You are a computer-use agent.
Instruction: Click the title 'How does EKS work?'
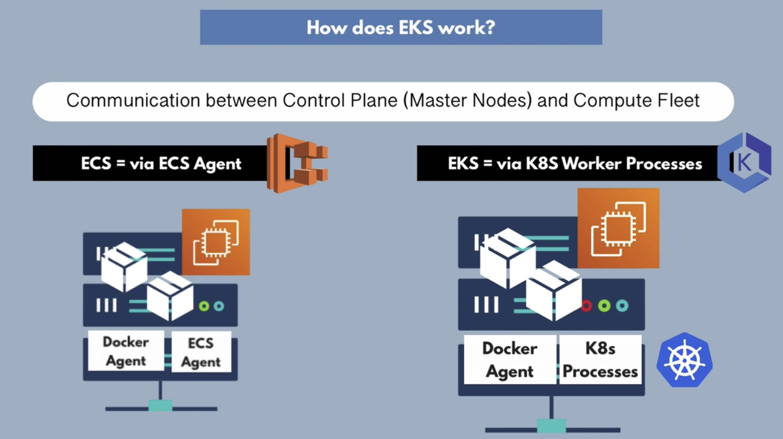[401, 27]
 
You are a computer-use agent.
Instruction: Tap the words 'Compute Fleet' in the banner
[636, 100]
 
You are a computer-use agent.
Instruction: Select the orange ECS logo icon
[297, 163]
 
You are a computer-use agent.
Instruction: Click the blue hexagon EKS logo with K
[745, 162]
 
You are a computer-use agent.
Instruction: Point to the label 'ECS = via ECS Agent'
[161, 164]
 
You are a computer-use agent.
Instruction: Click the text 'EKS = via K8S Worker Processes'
[575, 164]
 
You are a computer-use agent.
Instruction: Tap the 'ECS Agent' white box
[200, 352]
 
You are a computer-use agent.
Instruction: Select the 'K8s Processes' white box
[600, 360]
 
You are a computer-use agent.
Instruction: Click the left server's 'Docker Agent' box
[125, 351]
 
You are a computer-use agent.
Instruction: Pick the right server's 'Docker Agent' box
[509, 360]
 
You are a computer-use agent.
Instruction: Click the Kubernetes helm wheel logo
[685, 361]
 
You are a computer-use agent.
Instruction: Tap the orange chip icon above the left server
[216, 242]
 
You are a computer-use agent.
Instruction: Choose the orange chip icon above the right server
[618, 228]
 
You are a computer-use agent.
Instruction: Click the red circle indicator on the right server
[587, 306]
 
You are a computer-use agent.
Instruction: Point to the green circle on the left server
[204, 306]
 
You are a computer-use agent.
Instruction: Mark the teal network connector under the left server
[160, 405]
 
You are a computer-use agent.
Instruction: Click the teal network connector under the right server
[551, 425]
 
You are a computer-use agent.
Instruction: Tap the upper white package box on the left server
[124, 266]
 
